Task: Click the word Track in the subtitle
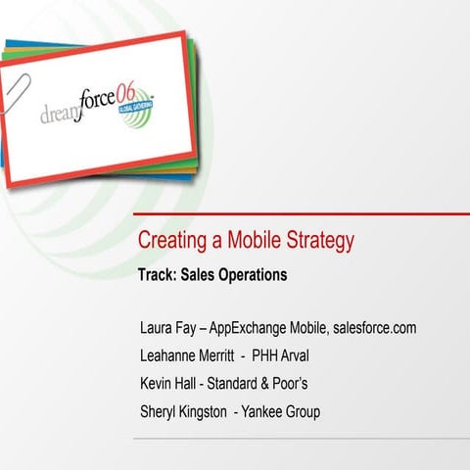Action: point(159,275)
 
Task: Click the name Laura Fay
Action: point(168,328)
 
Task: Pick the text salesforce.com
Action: point(374,328)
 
